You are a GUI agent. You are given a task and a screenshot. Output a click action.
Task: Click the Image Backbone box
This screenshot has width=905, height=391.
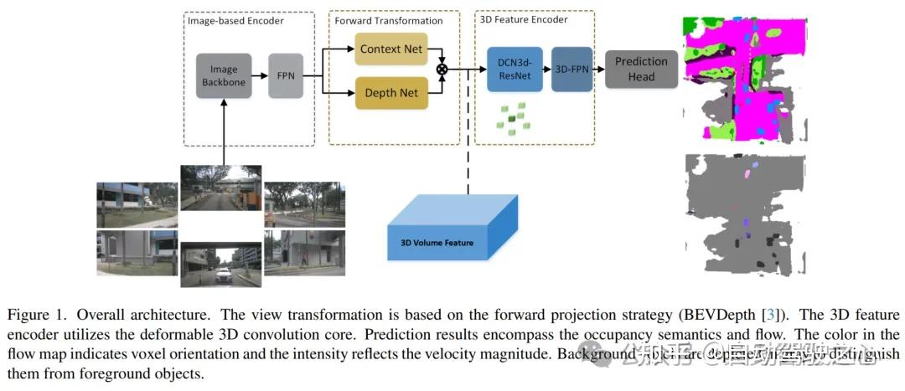tap(224, 76)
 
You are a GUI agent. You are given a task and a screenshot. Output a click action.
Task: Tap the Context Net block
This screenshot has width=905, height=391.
tap(390, 49)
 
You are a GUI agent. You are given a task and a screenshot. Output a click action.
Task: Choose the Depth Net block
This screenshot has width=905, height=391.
tap(390, 93)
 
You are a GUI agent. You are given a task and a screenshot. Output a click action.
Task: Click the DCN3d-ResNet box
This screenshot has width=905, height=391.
tap(513, 70)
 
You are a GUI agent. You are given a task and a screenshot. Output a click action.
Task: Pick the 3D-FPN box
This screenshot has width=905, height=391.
tap(571, 70)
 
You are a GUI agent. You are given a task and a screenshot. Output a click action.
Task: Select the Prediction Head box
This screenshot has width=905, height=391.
tap(641, 69)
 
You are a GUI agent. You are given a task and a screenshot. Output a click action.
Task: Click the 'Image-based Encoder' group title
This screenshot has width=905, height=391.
tap(236, 21)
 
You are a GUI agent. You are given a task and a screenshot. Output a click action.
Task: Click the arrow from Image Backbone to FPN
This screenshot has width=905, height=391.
tap(260, 76)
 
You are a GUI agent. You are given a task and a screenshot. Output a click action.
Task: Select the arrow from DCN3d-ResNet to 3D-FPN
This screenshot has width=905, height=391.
tap(545, 70)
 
